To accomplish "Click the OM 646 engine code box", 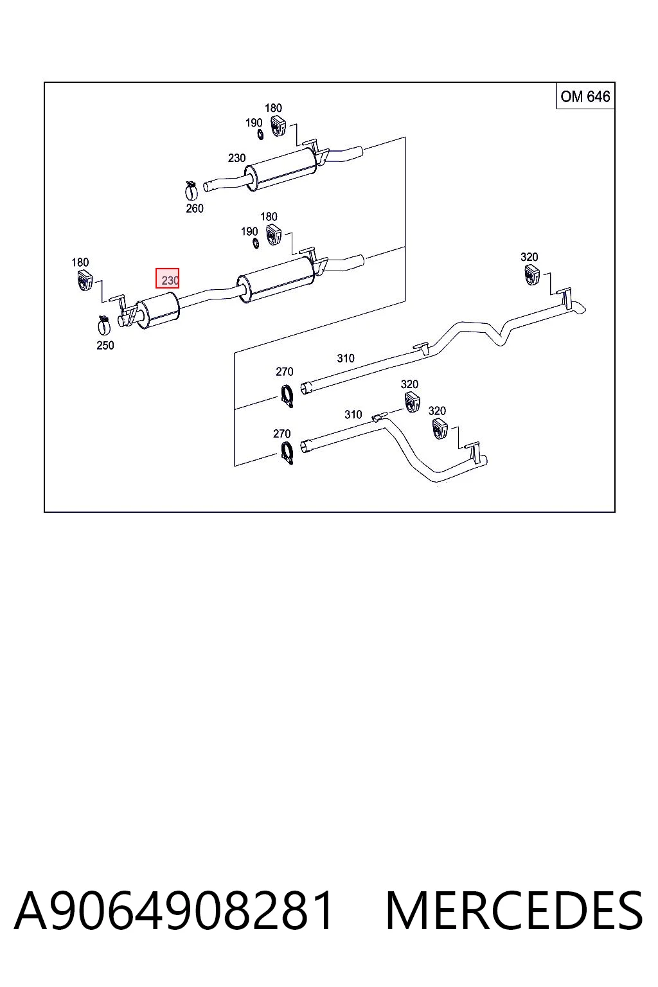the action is click(585, 96).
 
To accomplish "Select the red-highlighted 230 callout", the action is click(168, 278).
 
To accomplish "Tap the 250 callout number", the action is click(105, 346).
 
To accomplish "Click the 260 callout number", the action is click(194, 208).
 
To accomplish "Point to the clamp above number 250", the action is click(103, 325).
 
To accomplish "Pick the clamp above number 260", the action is click(191, 190).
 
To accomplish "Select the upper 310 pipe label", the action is click(346, 359).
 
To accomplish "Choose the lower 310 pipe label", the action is click(353, 414).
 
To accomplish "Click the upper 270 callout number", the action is click(284, 372).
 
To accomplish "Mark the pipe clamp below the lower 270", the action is click(287, 454).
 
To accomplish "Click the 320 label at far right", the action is click(529, 257).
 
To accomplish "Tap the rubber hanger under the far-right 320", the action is click(532, 275).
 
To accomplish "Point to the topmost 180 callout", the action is click(273, 109).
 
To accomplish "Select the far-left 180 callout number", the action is click(80, 263).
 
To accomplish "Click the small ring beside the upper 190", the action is click(260, 134).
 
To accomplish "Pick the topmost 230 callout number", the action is click(236, 158).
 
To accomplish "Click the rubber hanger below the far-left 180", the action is click(85, 281).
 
